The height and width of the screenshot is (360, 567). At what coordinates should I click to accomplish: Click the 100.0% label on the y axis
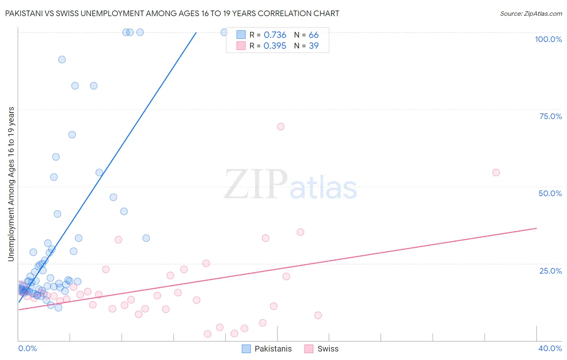coord(548,39)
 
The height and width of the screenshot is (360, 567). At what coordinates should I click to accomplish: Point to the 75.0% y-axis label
coord(550,116)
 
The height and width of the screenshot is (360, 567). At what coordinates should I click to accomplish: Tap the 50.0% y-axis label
coord(550,193)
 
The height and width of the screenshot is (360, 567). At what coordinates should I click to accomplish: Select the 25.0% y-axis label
coord(550,270)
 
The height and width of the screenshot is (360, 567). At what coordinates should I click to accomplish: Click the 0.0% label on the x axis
coord(27,348)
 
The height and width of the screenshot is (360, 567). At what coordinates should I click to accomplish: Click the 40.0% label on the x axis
coord(550,348)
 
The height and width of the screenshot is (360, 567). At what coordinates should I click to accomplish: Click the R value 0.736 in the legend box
coord(275,35)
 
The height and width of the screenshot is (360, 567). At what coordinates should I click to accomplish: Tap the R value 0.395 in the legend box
coord(275,46)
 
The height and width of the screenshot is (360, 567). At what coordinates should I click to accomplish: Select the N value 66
coord(313,35)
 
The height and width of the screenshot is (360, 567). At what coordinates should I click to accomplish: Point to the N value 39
coord(313,46)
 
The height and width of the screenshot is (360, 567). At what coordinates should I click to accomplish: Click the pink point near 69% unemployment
coord(281,127)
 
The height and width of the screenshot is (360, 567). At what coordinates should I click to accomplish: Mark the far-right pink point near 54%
coord(496,173)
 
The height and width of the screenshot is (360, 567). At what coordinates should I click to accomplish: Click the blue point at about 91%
coord(62,59)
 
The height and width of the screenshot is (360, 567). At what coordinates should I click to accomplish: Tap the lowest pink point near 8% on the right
coord(318,315)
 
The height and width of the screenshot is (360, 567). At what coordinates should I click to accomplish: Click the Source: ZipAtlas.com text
coord(531,13)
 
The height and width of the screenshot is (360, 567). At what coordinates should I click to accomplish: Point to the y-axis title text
coord(11,184)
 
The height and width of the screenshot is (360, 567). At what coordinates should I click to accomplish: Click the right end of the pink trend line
coord(536,228)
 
